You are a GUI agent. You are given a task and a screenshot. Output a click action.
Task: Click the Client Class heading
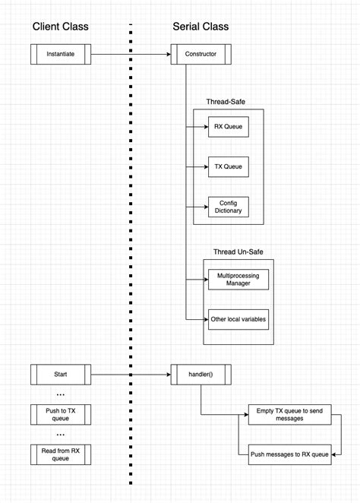pyautogui.click(x=60, y=27)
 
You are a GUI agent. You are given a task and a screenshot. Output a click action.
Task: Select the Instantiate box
pyautogui.click(x=61, y=54)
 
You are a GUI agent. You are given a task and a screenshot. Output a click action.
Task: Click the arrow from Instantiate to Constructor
pyautogui.click(x=129, y=54)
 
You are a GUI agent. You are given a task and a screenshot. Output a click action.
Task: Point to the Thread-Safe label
pyautogui.click(x=226, y=101)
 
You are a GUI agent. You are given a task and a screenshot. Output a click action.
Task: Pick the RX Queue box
pyautogui.click(x=228, y=126)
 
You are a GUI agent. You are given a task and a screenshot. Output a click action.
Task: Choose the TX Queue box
pyautogui.click(x=228, y=166)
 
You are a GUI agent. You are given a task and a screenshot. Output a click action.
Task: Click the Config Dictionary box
pyautogui.click(x=228, y=207)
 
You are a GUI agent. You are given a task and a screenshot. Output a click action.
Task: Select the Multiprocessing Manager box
pyautogui.click(x=238, y=279)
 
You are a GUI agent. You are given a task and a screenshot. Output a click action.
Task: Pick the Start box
pyautogui.click(x=61, y=375)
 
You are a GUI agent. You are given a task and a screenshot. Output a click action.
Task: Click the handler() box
pyautogui.click(x=201, y=375)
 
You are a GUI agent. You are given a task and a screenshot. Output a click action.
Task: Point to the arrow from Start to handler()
pyautogui.click(x=129, y=375)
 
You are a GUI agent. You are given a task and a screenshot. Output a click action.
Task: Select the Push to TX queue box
pyautogui.click(x=61, y=414)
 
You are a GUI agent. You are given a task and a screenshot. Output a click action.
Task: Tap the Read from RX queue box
pyautogui.click(x=61, y=454)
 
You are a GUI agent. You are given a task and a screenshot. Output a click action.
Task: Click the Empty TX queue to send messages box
pyautogui.click(x=288, y=414)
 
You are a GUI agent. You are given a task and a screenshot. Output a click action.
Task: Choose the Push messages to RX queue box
pyautogui.click(x=288, y=454)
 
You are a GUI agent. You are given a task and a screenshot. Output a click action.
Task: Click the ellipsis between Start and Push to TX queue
pyautogui.click(x=61, y=394)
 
